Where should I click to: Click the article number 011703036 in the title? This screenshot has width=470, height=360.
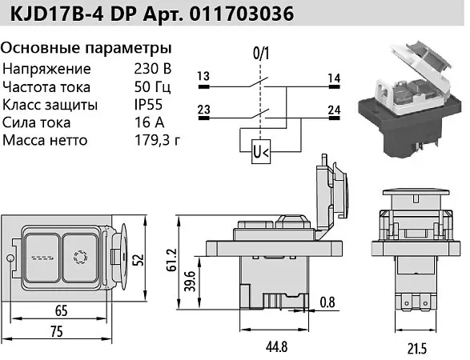pos(242,14)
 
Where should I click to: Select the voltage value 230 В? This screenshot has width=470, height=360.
pos(153,69)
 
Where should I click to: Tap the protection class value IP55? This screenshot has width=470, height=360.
pos(148,105)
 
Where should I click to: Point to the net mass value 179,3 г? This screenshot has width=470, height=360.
pos(158,140)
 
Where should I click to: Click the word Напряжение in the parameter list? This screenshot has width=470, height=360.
pos(46,69)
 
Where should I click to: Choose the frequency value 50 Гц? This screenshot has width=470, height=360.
pos(153,87)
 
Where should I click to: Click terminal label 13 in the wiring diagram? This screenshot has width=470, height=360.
pos(203,76)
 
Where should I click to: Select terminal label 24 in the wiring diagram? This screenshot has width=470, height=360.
pos(334,110)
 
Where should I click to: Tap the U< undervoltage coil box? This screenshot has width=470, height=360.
pos(261,151)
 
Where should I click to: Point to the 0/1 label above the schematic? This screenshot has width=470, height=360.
pos(261,54)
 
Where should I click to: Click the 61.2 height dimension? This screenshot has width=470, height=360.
pos(171,260)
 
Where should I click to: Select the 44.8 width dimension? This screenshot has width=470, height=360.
pos(276,347)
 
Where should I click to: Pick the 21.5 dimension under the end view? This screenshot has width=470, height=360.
pos(417,349)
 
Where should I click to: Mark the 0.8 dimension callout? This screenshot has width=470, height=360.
pos(327,302)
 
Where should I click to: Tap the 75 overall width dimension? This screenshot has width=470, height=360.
pos(57,332)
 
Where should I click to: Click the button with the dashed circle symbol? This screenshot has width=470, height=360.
pos(80,258)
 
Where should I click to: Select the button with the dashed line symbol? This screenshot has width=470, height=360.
pos(42,258)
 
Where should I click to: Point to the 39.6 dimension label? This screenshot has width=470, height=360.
pos(190,281)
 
